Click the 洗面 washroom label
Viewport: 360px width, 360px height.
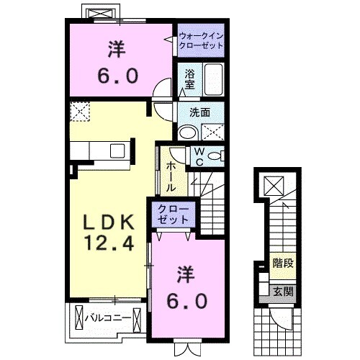(199, 112)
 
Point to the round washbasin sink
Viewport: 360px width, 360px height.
(187, 132)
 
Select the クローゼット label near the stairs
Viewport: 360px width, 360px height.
(173, 214)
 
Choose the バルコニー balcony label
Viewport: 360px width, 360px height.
(108, 317)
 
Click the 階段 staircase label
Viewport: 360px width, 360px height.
(283, 264)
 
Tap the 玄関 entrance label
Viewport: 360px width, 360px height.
(283, 292)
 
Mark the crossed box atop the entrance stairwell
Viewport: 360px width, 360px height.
(274, 186)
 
